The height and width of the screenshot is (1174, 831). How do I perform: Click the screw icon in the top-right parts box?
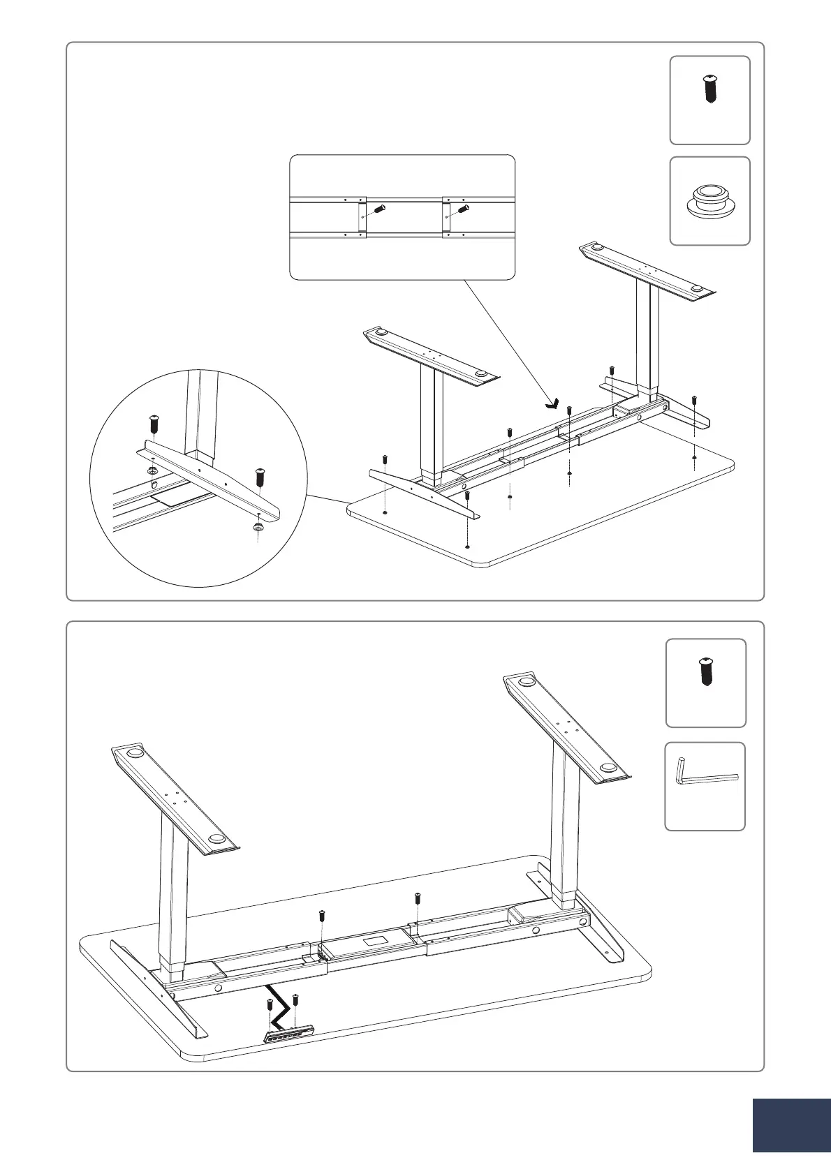point(709,89)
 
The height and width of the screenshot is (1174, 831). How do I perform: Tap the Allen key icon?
point(705,773)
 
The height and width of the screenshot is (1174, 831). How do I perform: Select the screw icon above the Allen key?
point(705,671)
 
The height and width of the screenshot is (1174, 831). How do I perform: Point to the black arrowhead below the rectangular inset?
point(553,403)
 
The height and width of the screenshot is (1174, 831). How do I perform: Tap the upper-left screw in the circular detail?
point(154,424)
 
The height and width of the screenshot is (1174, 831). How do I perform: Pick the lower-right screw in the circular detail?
point(261,479)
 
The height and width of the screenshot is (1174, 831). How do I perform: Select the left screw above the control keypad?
point(270,1007)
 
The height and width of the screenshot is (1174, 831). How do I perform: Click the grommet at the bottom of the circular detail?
point(257,528)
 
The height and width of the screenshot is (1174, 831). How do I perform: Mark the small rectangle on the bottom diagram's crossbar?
point(376,940)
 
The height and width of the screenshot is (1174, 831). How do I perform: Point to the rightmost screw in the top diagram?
point(693,401)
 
